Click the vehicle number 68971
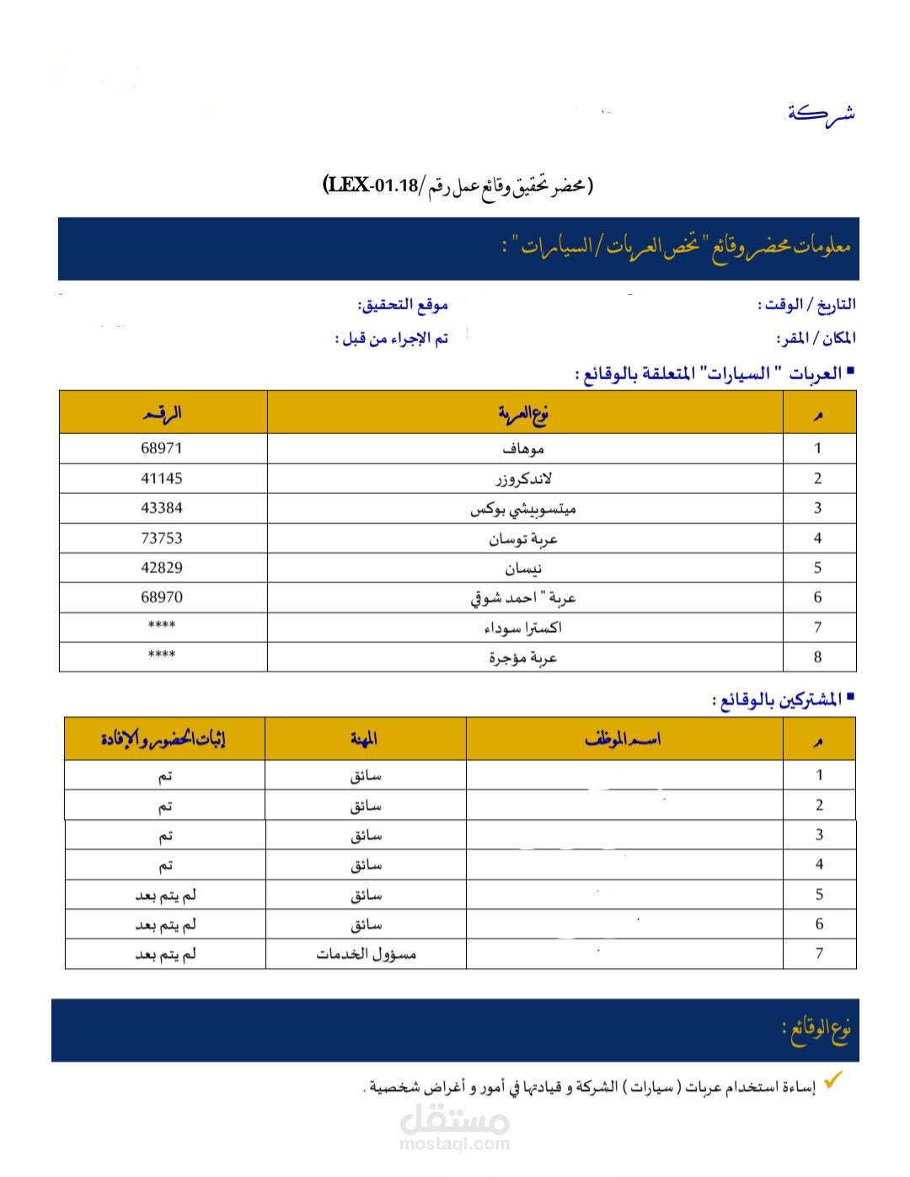pyautogui.click(x=162, y=448)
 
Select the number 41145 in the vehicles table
pyautogui.click(x=162, y=479)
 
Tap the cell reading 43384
pyautogui.click(x=162, y=508)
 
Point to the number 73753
pyautogui.click(x=162, y=538)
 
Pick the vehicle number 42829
pyautogui.click(x=162, y=568)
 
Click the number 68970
pyautogui.click(x=162, y=597)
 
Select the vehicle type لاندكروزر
pyautogui.click(x=523, y=479)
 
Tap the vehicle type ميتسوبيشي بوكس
pyautogui.click(x=523, y=509)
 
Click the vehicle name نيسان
pyautogui.click(x=523, y=569)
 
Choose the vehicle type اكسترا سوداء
pyautogui.click(x=523, y=628)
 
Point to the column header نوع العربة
pyautogui.click(x=523, y=413)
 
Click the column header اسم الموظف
pyautogui.click(x=623, y=740)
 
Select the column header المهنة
pyautogui.click(x=364, y=740)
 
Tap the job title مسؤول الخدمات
pyautogui.click(x=367, y=955)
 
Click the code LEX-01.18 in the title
pyautogui.click(x=372, y=185)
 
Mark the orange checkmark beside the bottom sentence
pyautogui.click(x=833, y=1079)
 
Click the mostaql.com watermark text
pyautogui.click(x=454, y=1144)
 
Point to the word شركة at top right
pyautogui.click(x=821, y=113)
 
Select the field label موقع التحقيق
pyautogui.click(x=403, y=304)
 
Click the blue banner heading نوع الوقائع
pyautogui.click(x=816, y=1029)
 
